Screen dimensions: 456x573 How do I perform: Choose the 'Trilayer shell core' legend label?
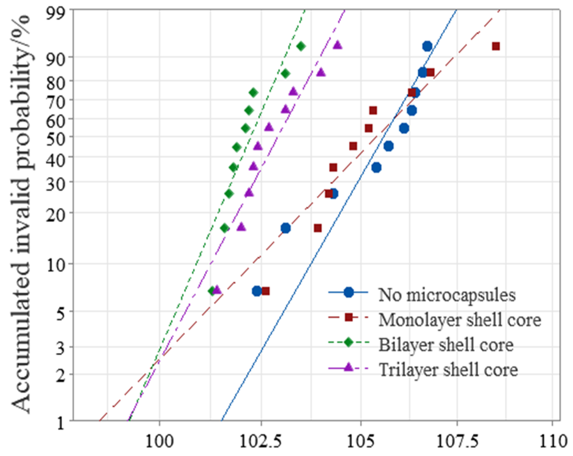pyautogui.click(x=448, y=370)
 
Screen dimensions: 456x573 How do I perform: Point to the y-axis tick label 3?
pyautogui.click(x=60, y=348)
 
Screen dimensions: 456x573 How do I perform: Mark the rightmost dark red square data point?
pyautogui.click(x=496, y=46)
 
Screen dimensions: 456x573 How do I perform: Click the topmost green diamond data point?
pyautogui.click(x=301, y=46)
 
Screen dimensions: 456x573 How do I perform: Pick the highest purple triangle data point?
pyautogui.click(x=337, y=45)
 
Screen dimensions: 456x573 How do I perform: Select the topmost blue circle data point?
pyautogui.click(x=427, y=46)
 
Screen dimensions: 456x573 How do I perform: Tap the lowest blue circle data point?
pyautogui.click(x=257, y=291)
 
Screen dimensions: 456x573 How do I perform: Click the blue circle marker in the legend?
pyautogui.click(x=348, y=292)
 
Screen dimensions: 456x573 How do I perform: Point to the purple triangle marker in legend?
pyautogui.click(x=348, y=367)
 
